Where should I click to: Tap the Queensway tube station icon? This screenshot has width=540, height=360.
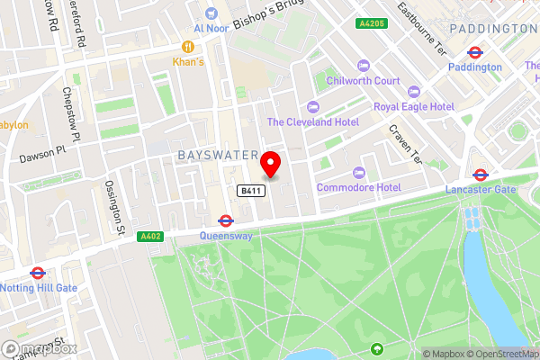tap(226, 220)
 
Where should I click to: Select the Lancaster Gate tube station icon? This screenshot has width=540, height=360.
tap(481, 175)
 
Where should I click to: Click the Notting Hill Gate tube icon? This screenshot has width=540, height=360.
tap(38, 273)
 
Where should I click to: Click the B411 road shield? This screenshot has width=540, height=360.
tap(250, 191)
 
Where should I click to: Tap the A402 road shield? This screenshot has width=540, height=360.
tap(150, 237)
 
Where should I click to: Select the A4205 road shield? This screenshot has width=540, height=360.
tap(370, 23)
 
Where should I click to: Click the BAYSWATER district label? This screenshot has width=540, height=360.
tap(218, 156)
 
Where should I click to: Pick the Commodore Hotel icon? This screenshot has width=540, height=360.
tap(359, 173)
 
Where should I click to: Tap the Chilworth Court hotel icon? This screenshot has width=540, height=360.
tap(364, 65)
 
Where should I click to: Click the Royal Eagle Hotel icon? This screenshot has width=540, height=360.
tap(414, 92)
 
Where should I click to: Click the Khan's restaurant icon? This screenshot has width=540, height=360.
tap(189, 47)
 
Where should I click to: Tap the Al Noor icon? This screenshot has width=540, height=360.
tap(211, 13)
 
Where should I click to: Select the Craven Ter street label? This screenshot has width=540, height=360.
tap(405, 141)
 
